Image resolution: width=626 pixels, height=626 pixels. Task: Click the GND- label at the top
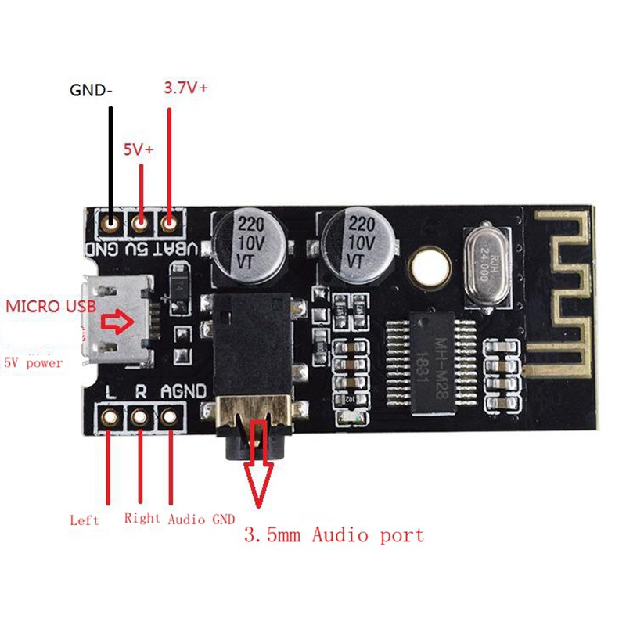click(91, 90)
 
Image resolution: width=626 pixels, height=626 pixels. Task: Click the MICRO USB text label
click(51, 306)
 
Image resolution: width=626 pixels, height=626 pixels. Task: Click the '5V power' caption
click(34, 362)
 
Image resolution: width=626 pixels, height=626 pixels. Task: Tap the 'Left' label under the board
click(85, 519)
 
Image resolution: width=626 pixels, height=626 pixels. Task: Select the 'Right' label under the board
click(142, 517)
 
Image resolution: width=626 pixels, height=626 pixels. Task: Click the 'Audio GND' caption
click(201, 519)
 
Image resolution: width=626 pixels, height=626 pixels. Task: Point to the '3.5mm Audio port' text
click(334, 535)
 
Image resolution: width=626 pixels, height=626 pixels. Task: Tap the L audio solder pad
click(109, 418)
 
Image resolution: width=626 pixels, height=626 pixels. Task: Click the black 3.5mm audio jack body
click(250, 344)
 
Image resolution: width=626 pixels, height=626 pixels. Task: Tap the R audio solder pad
click(140, 418)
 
